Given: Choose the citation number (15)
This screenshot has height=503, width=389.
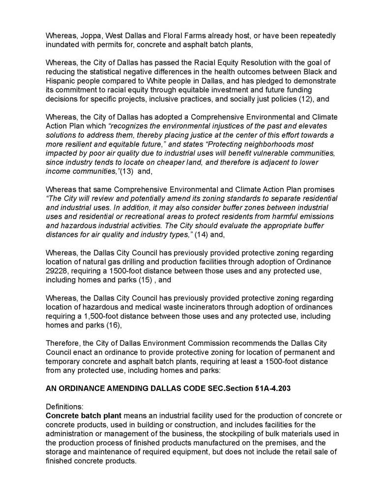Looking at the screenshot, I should (x=142, y=270).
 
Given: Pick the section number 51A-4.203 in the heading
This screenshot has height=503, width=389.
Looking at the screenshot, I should (x=273, y=387).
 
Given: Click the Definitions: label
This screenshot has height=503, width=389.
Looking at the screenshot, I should (x=65, y=407).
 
